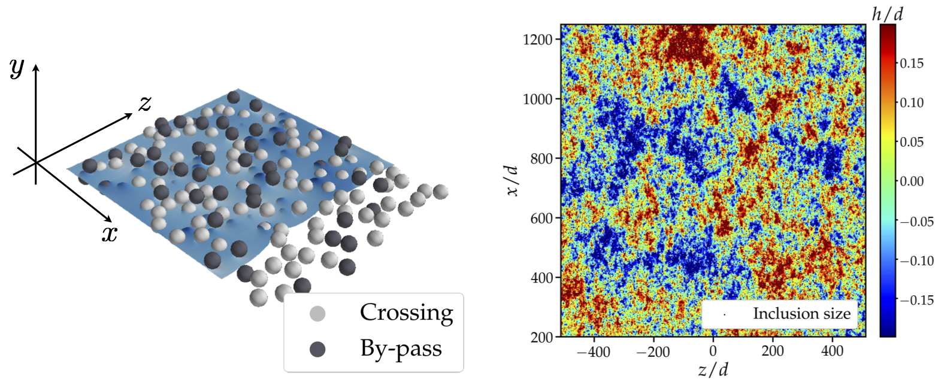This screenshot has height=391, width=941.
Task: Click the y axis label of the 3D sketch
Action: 17,68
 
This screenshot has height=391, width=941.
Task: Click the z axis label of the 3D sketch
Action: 145,104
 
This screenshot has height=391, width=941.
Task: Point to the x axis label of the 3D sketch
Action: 109,233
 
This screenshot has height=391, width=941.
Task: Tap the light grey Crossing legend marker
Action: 317,313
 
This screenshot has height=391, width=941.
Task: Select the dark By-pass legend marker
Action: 317,349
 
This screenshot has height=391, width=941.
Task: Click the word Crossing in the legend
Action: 406,313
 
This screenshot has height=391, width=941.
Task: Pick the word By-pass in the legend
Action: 401,348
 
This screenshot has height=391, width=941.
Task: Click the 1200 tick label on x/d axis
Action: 538,40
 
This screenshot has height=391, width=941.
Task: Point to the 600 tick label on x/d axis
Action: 541,219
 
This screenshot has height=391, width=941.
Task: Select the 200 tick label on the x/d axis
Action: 541,337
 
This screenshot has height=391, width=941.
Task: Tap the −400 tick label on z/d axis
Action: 593,351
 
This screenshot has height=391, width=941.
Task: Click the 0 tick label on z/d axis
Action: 713,351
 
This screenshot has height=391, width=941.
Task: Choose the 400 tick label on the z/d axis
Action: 832,351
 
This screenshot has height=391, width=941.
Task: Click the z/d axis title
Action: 713,370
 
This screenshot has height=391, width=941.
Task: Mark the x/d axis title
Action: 511,180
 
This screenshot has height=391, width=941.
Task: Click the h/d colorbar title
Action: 887,13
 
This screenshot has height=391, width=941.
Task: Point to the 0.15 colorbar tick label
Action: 912,63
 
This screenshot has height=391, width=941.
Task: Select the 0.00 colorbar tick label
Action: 912,181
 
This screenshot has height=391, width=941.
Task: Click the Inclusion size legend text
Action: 801,314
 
